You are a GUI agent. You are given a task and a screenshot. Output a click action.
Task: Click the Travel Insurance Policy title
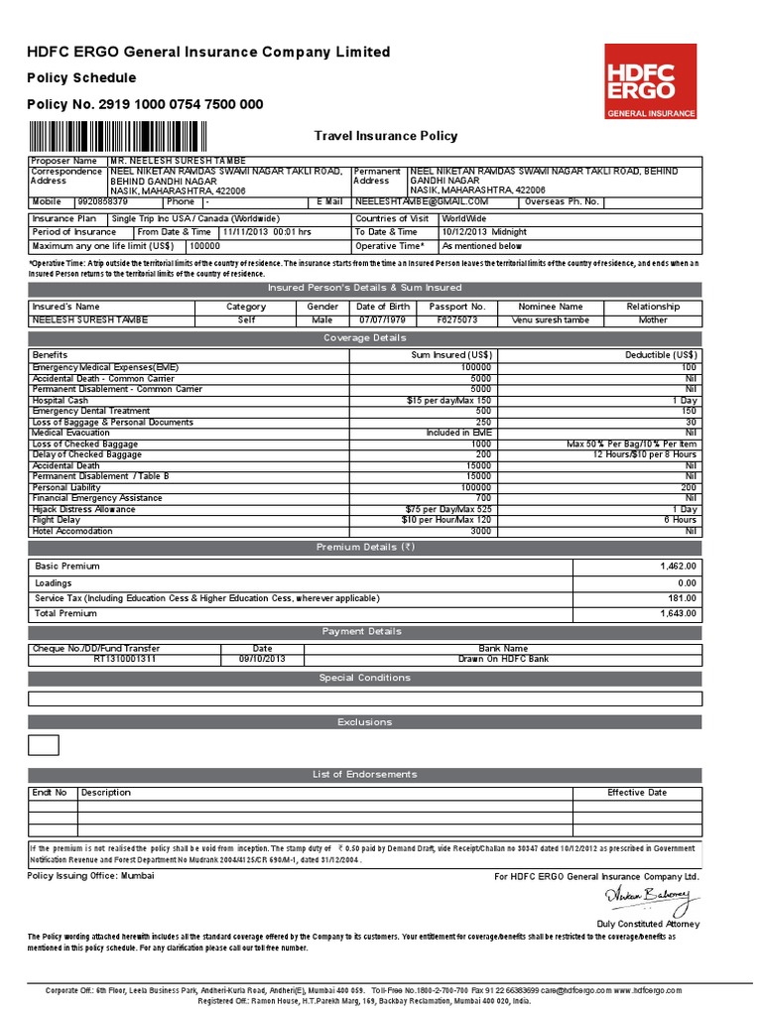(386, 136)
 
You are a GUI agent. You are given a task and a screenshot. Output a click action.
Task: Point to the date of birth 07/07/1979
(383, 320)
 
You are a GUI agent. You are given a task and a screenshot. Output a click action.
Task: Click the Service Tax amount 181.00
(682, 598)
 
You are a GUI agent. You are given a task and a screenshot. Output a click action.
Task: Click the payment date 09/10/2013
(262, 659)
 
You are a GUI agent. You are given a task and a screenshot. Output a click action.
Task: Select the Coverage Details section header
(364, 338)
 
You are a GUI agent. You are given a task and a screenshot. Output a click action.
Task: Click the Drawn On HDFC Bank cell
(530, 659)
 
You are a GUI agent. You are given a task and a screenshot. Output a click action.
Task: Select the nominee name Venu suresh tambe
(550, 320)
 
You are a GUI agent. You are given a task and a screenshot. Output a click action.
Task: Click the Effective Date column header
(637, 793)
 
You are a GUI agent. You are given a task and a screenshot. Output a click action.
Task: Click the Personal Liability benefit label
(64, 487)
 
